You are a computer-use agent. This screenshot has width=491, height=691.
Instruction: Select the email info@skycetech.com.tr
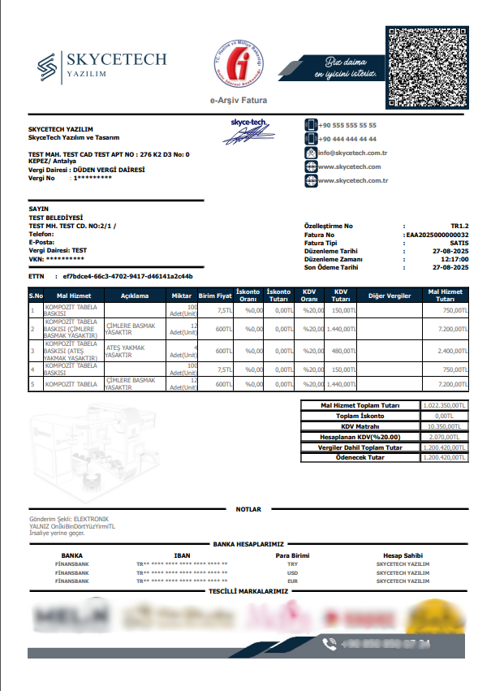(x=352, y=153)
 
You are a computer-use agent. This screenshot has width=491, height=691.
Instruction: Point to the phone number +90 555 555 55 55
(x=347, y=126)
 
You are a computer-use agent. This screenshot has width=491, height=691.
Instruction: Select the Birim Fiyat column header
(x=216, y=296)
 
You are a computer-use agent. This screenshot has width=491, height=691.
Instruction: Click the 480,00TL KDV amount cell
(x=342, y=351)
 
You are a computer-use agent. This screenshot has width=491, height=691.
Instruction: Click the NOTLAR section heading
(x=248, y=509)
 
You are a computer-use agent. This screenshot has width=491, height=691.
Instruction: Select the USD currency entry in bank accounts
(x=293, y=572)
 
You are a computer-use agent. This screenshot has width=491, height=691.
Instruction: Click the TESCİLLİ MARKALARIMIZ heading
(x=248, y=591)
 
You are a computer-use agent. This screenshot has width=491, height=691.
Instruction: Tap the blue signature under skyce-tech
(x=248, y=136)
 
